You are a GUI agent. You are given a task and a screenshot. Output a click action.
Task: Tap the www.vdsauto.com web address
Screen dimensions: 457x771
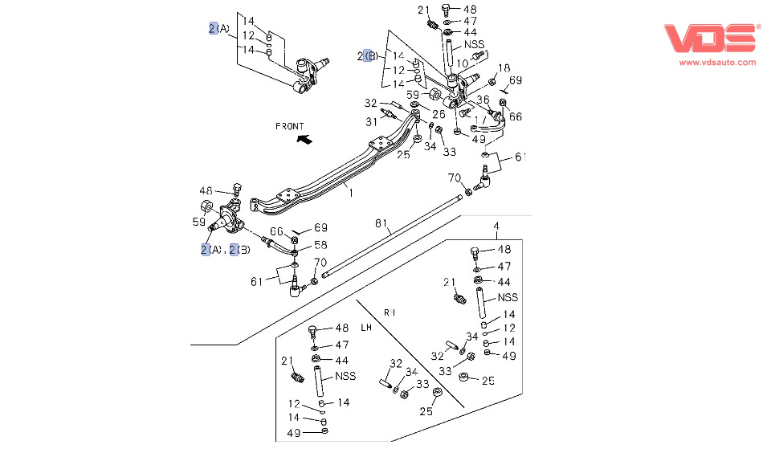tap(718, 62)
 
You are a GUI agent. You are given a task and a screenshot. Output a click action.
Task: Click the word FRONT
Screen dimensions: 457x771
tap(290, 126)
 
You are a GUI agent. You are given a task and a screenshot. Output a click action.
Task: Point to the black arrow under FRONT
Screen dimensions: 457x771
tap(304, 140)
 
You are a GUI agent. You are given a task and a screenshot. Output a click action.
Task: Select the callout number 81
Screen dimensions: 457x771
tap(381, 222)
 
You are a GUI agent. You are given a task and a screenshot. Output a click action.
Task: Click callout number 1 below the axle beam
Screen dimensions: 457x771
tap(350, 193)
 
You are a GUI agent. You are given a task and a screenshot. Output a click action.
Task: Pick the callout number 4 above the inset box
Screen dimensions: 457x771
tap(496, 225)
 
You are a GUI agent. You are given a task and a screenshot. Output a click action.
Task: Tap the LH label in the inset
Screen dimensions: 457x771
tap(366, 328)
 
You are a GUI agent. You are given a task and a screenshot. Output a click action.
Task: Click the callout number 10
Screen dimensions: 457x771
tap(463, 63)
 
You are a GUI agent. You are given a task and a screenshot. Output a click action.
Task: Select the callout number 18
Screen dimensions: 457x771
tap(504, 68)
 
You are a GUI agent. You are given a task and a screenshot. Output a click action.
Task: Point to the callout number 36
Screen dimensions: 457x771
tap(483, 100)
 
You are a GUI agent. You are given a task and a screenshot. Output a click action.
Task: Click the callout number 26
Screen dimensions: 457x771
tap(439, 114)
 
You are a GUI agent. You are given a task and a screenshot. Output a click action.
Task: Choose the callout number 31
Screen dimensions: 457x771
tap(371, 122)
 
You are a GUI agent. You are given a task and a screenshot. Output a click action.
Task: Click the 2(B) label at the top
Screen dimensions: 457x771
tap(367, 56)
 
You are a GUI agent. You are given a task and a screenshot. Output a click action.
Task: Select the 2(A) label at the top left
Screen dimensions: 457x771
tap(218, 29)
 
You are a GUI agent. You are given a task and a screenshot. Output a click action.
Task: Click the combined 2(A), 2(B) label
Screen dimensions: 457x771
tap(226, 250)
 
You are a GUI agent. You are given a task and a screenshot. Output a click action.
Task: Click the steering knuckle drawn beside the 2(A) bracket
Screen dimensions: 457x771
tap(309, 72)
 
